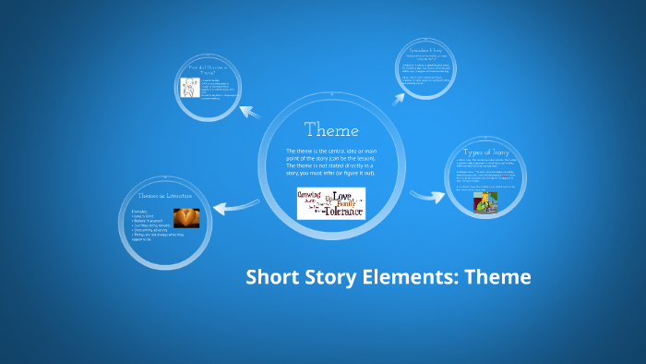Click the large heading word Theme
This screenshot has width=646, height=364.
(331, 130)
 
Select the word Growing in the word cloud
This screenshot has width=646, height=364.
(310, 197)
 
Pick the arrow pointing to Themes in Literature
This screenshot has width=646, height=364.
(228, 208)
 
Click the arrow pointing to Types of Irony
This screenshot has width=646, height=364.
(427, 195)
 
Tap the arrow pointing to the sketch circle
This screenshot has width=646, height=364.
(251, 113)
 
